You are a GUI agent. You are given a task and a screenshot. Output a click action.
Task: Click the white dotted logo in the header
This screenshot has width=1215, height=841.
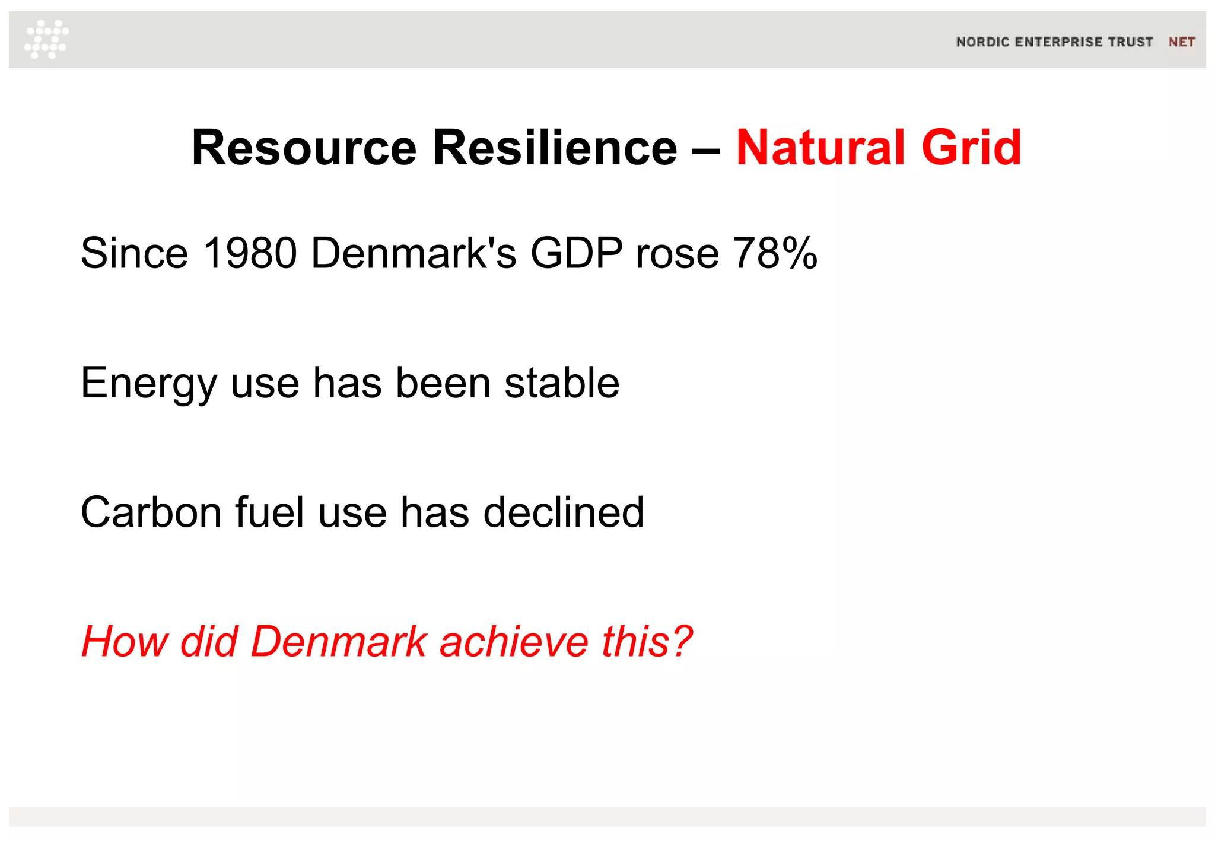coord(46,39)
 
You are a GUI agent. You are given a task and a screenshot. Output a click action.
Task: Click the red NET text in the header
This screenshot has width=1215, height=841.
coord(1181,42)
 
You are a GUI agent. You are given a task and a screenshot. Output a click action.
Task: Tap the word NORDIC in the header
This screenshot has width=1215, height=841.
coord(982,42)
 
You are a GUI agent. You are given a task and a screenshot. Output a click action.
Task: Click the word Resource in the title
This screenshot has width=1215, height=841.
coord(304,148)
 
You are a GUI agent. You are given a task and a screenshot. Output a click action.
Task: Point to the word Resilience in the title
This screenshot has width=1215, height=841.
coord(555,148)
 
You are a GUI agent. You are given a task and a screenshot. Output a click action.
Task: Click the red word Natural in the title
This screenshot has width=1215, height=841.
coord(820,148)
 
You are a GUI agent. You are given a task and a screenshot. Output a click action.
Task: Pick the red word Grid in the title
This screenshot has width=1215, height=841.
coord(971,148)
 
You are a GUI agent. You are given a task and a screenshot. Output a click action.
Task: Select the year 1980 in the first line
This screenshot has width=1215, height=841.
coord(249,253)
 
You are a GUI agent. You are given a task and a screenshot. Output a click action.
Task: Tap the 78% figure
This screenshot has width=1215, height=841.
coord(775,253)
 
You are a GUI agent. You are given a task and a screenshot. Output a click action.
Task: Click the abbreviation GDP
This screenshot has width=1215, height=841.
coord(576,253)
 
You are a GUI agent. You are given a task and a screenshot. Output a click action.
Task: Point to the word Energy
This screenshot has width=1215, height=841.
coord(148,384)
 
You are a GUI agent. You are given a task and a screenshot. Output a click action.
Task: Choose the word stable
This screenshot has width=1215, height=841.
coord(562,383)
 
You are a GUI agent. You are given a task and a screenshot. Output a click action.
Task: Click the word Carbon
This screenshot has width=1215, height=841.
coord(151,512)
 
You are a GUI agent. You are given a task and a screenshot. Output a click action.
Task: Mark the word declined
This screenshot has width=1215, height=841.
coord(563,512)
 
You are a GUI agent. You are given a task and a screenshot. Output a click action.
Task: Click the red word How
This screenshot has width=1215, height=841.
coord(124,642)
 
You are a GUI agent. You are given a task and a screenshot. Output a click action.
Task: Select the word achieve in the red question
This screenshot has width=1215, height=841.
coord(513,642)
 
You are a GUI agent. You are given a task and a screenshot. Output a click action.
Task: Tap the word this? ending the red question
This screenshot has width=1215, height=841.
coord(647,642)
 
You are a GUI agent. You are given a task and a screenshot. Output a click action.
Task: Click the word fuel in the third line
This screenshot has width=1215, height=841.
coord(270,512)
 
